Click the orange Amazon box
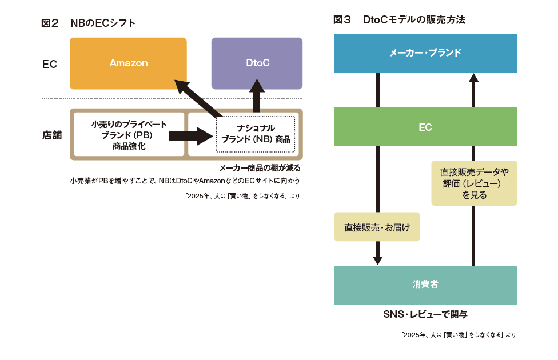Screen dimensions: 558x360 click(128, 63)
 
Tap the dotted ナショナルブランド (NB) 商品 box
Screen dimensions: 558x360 click(256, 134)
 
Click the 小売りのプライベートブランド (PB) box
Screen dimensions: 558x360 click(129, 135)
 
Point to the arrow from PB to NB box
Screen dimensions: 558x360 click(191, 136)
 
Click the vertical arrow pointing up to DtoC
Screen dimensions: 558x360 click(257, 95)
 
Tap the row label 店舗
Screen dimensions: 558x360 click(52, 135)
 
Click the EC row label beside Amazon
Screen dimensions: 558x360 click(50, 64)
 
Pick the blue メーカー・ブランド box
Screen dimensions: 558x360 click(425, 53)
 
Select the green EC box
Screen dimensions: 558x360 click(425, 126)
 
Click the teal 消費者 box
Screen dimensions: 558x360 click(425, 285)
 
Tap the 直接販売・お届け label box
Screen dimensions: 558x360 click(377, 227)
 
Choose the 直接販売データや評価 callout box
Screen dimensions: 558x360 click(474, 183)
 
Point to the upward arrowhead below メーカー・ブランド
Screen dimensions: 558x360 click(473, 78)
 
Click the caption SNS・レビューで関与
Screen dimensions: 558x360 click(425, 314)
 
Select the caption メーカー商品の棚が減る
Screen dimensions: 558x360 click(260, 168)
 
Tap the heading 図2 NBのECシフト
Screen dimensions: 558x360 click(88, 23)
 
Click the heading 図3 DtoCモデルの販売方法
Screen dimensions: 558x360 click(399, 19)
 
